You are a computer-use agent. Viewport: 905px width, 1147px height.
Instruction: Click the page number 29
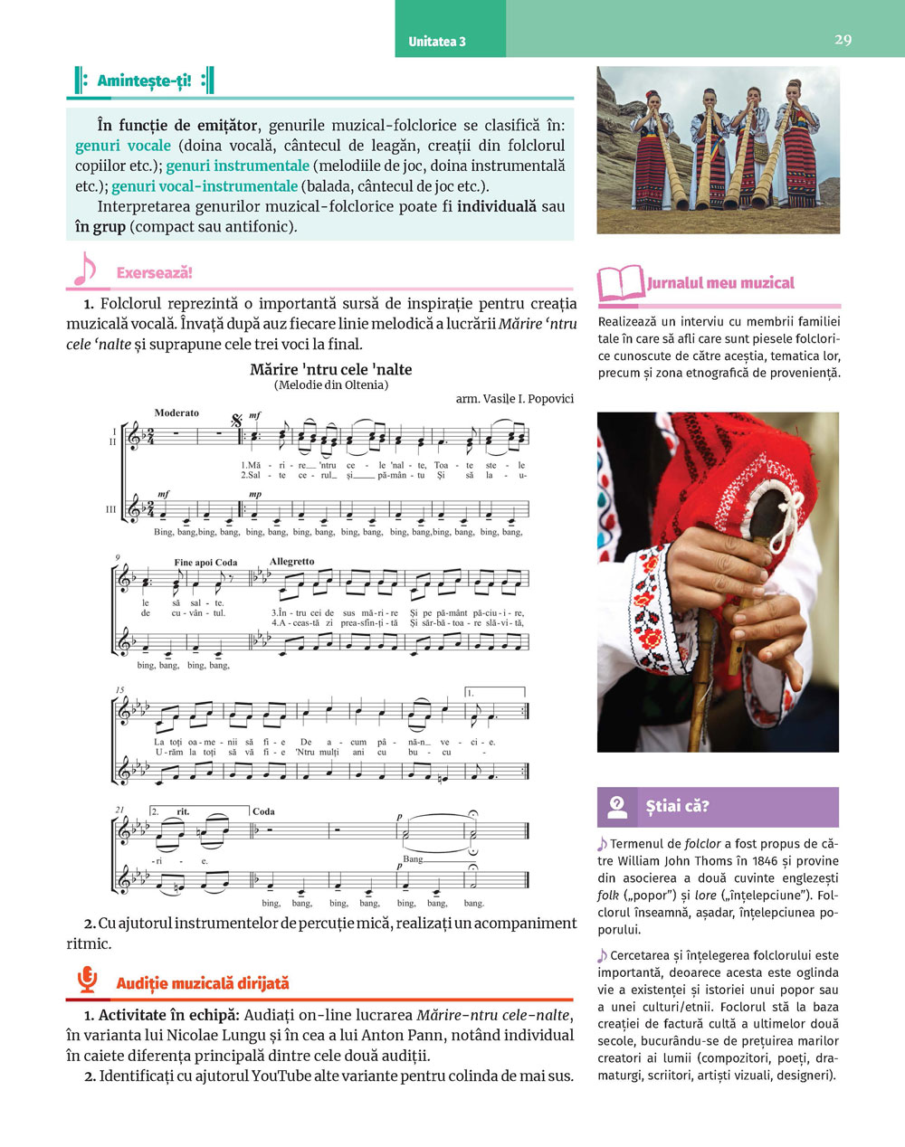(843, 40)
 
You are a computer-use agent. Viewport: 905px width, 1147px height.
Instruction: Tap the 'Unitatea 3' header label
(437, 42)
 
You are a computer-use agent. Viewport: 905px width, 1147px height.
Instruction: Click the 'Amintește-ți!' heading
(145, 81)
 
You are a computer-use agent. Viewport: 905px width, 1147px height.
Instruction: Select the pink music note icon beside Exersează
(83, 269)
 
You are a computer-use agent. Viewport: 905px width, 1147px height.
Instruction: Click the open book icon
(620, 283)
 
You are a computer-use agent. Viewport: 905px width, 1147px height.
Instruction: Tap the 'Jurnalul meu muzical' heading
(720, 283)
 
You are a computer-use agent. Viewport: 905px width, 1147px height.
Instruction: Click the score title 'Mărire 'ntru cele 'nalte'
(330, 369)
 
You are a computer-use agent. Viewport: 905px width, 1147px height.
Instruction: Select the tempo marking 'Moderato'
(176, 412)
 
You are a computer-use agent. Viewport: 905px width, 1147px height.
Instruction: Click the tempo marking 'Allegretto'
(291, 561)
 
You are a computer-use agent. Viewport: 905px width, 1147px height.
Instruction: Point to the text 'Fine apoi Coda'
(205, 562)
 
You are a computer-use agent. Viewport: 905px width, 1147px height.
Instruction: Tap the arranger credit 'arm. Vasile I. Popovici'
(514, 398)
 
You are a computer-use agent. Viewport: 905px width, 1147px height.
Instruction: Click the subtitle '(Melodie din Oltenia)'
(330, 384)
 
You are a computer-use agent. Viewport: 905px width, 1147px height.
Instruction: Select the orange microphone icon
(87, 980)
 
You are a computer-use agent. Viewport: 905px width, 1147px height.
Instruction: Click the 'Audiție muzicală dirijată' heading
(203, 982)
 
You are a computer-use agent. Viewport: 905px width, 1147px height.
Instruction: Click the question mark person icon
(617, 806)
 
